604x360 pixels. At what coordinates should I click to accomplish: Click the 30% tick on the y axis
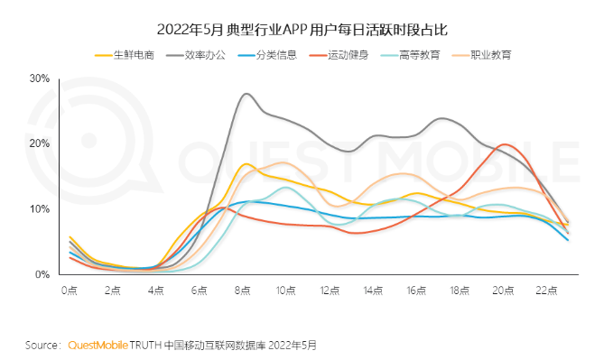point(39,78)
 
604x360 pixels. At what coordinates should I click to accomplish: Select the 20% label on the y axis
point(39,143)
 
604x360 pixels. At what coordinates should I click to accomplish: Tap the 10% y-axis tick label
point(39,209)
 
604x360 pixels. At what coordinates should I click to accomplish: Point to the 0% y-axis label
point(42,274)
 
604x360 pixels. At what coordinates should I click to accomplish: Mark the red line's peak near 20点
point(506,144)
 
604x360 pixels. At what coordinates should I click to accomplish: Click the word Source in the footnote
point(42,345)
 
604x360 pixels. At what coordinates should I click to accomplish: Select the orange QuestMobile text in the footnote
point(98,345)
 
